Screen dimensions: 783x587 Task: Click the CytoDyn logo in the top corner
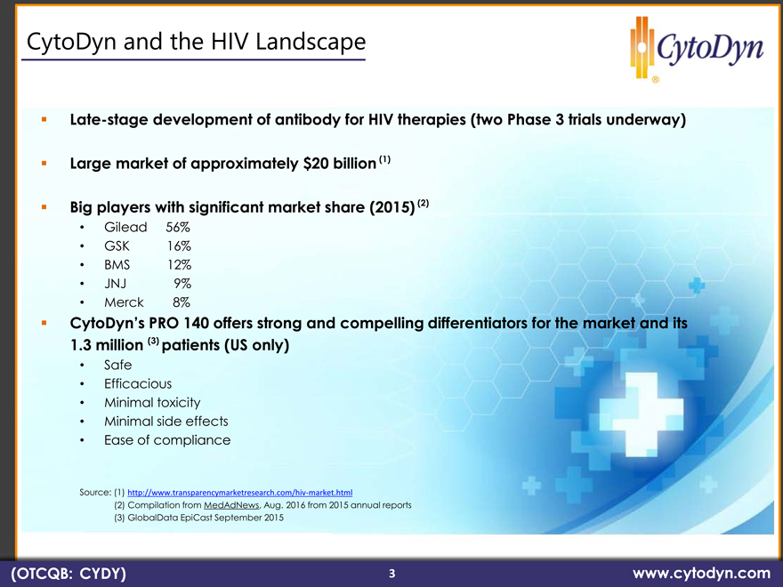[697, 48]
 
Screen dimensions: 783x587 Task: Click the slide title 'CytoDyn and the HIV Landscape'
[196, 42]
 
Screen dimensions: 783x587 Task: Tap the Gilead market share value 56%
[178, 227]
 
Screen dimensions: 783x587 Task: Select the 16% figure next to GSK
[179, 246]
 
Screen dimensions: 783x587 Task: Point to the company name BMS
[117, 264]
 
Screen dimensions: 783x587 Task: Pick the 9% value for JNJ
[182, 284]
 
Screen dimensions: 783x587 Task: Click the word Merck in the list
[124, 302]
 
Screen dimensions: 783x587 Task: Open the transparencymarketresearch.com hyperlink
[240, 493]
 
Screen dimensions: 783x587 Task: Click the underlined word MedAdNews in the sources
[231, 505]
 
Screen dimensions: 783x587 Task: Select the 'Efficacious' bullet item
[138, 384]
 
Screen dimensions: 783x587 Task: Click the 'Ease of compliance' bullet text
[167, 440]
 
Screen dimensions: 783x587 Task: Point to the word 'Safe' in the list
[117, 365]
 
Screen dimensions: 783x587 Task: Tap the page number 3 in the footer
[392, 574]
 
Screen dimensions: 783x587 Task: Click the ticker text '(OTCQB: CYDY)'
[69, 573]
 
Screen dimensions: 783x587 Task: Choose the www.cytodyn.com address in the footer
[702, 573]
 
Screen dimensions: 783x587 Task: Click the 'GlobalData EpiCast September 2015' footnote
[198, 518]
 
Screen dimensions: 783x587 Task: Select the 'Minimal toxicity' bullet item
[152, 403]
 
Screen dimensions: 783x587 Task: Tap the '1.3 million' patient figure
[107, 345]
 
